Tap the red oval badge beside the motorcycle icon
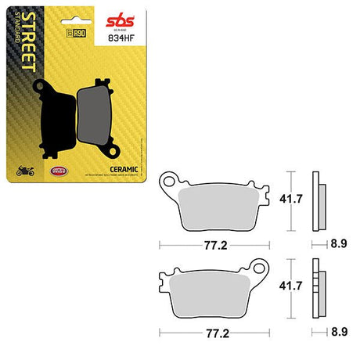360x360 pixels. [x=56, y=171]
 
